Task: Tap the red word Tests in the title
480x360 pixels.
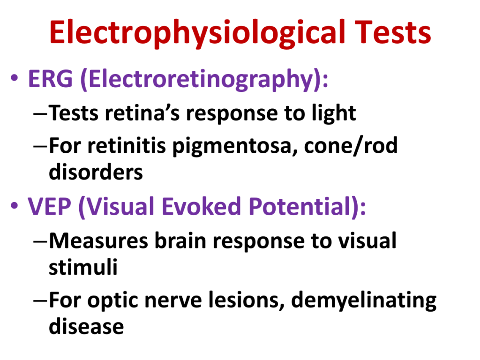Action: pos(393,32)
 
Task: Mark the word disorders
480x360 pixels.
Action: pos(96,172)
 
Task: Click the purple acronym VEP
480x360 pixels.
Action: pos(49,207)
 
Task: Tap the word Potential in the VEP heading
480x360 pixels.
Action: pos(299,206)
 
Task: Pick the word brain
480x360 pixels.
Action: pos(180,241)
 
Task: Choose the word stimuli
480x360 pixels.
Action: pos(83,267)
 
